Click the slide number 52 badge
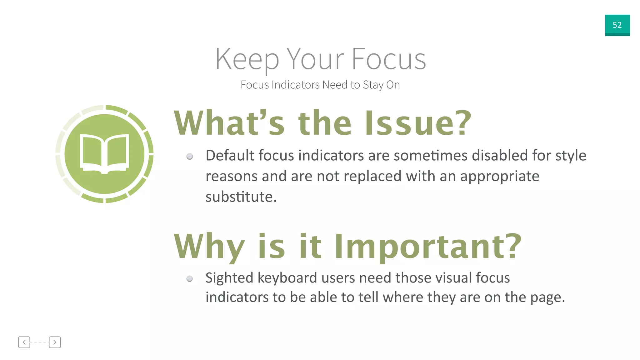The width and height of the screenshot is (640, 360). (617, 25)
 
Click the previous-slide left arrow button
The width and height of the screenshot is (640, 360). (24, 342)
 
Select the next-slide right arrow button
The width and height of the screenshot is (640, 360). (55, 342)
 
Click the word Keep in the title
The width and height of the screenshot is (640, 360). (247, 59)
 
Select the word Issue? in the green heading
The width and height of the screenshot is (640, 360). (418, 123)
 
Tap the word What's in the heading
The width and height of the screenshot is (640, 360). (229, 123)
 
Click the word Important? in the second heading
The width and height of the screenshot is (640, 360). (428, 247)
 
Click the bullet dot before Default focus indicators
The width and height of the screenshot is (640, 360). (190, 156)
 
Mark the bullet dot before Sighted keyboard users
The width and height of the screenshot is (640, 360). (190, 278)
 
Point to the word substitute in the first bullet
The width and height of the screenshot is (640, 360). (239, 197)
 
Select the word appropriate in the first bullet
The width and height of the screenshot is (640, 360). (500, 176)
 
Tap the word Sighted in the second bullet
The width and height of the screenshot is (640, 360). (229, 278)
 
